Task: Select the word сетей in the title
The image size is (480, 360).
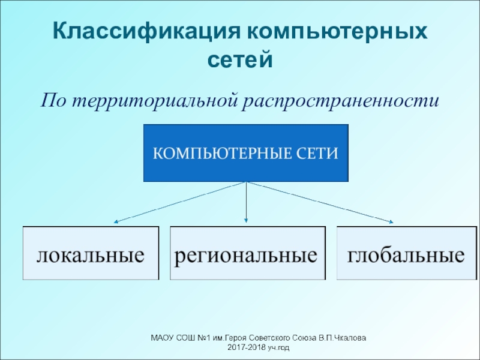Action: (x=239, y=60)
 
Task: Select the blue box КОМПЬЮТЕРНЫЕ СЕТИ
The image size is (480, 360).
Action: (x=246, y=153)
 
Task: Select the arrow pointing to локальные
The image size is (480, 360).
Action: (x=180, y=202)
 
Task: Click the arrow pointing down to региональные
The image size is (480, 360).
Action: (x=247, y=201)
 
